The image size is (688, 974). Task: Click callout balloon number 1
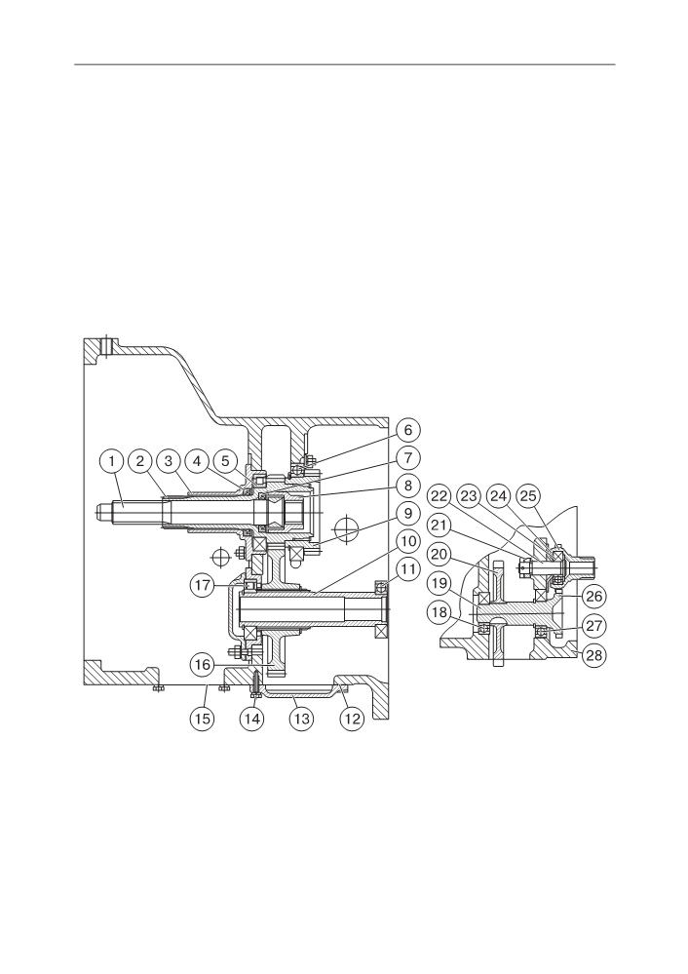click(112, 461)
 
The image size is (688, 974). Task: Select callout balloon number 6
click(408, 430)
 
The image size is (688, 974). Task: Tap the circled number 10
click(408, 542)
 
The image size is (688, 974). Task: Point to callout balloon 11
click(408, 569)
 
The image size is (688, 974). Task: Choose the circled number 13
click(301, 719)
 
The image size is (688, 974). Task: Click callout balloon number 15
click(202, 719)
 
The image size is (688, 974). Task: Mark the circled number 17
click(203, 585)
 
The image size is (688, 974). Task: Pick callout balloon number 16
click(203, 665)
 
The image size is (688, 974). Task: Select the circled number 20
click(439, 554)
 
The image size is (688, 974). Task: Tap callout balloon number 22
click(439, 496)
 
